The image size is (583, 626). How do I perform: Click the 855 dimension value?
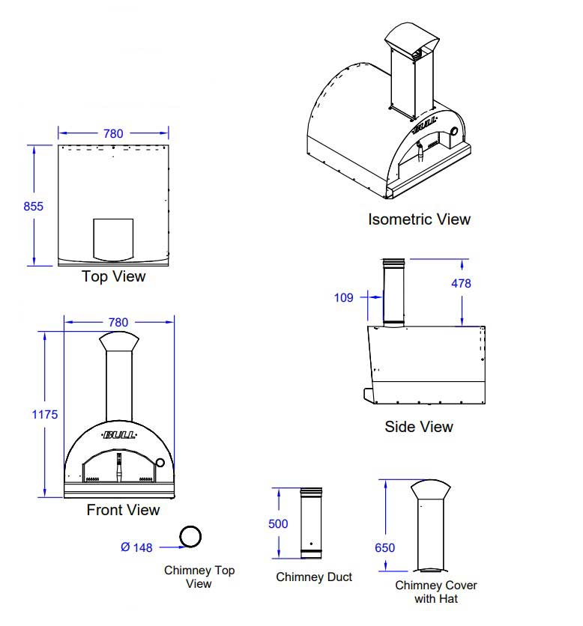pyautogui.click(x=34, y=206)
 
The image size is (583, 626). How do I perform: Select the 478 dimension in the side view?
pyautogui.click(x=462, y=284)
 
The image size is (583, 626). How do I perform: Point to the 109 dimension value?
pyautogui.click(x=343, y=297)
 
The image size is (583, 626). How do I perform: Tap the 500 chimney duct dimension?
pyautogui.click(x=278, y=524)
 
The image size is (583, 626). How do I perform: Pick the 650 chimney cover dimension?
pyautogui.click(x=384, y=548)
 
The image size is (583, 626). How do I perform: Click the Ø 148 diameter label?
pyautogui.click(x=136, y=547)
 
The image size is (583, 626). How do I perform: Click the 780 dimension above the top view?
pyautogui.click(x=113, y=133)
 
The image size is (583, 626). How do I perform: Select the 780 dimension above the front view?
pyautogui.click(x=118, y=322)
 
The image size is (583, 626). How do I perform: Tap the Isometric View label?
pyautogui.click(x=419, y=219)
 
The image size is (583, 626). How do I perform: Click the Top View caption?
pyautogui.click(x=113, y=276)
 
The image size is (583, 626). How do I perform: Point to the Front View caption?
pyautogui.click(x=123, y=510)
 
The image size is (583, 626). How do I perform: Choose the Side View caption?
pyautogui.click(x=419, y=427)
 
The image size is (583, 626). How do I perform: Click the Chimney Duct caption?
pyautogui.click(x=314, y=577)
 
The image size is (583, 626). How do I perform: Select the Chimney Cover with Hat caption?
pyautogui.click(x=435, y=592)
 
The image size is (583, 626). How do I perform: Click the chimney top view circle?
pyautogui.click(x=190, y=536)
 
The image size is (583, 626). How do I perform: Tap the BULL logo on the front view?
pyautogui.click(x=119, y=434)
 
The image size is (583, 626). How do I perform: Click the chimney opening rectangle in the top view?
pyautogui.click(x=113, y=238)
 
